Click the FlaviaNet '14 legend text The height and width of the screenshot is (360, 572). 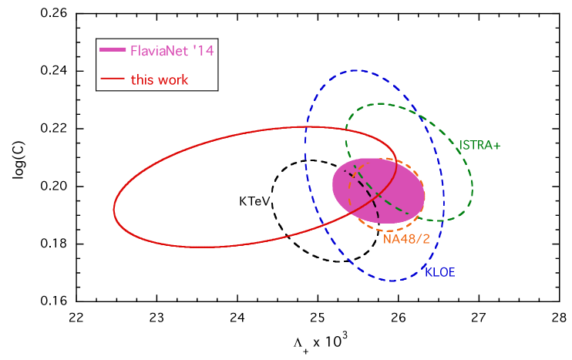point(171,52)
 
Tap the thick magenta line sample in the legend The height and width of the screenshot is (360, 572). point(113,51)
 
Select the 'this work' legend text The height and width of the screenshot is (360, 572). point(159,79)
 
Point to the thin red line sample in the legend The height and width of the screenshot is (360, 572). point(113,79)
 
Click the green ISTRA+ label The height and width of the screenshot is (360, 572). point(479,145)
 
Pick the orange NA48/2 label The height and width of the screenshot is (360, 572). point(406,239)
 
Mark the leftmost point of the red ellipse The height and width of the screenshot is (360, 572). point(114,209)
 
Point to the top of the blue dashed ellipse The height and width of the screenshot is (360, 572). point(355,70)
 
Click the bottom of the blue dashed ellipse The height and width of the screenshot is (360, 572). point(392,281)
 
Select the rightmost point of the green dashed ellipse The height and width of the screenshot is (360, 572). point(473,187)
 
